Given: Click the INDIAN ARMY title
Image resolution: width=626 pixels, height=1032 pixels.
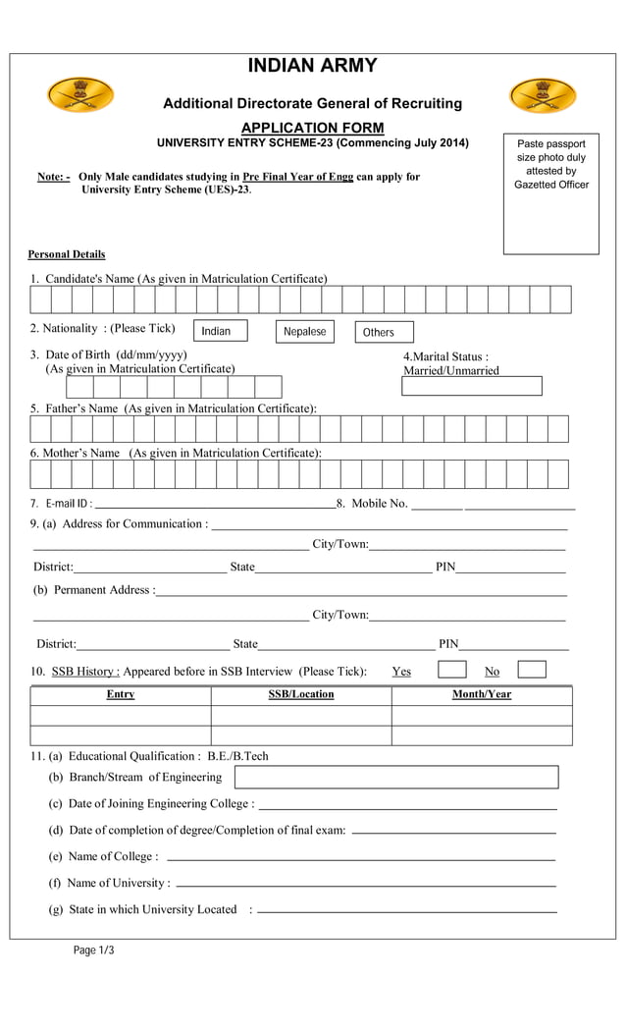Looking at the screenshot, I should point(312,66).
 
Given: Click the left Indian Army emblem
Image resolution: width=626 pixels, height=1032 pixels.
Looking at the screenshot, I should point(80,95).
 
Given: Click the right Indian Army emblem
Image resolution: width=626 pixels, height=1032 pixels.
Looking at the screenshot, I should point(543,96).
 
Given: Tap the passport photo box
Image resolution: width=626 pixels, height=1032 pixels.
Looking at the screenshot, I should point(550,194).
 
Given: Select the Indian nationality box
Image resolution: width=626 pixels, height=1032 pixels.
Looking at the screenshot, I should point(220,331).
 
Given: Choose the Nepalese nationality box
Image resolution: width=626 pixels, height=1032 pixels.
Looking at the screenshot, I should point(304,331).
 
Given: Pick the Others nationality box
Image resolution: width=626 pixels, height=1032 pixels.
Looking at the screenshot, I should point(384,332).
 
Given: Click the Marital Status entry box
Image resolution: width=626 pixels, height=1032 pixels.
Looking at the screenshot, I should point(471,386).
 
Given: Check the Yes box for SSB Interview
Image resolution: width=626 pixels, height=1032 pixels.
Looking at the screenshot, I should point(451,670).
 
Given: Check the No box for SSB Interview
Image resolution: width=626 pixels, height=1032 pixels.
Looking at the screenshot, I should point(532,670).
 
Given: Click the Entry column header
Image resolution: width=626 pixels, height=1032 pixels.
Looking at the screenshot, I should point(121,695).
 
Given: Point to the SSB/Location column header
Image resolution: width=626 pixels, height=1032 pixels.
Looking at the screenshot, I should point(301,695).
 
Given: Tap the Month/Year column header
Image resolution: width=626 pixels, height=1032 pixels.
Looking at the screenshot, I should point(481,695).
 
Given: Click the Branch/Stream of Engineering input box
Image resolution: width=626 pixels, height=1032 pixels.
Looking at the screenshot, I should point(395,777).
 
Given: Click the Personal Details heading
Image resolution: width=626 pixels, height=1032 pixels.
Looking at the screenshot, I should point(67,254).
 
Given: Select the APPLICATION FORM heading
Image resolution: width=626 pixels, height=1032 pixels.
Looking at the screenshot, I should point(312,128).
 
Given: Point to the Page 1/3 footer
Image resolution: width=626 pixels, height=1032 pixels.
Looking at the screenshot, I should point(94,950).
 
